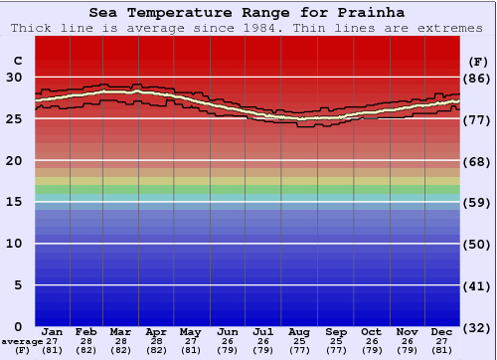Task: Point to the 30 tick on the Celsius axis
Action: tap(16, 77)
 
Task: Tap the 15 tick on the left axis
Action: tap(16, 202)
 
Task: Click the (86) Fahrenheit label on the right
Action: tap(479, 78)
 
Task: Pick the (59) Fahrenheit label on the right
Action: tap(479, 202)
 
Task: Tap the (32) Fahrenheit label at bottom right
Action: tap(479, 327)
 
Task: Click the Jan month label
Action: tap(53, 331)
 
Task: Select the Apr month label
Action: tap(156, 331)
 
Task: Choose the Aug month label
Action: tap(298, 331)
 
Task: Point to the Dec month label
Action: tap(441, 331)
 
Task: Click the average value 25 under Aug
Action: tap(298, 341)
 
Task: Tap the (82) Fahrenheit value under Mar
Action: tap(121, 350)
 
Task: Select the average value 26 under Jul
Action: tap(263, 341)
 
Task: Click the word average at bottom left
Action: tap(22, 341)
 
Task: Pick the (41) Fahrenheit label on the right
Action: tap(479, 285)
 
